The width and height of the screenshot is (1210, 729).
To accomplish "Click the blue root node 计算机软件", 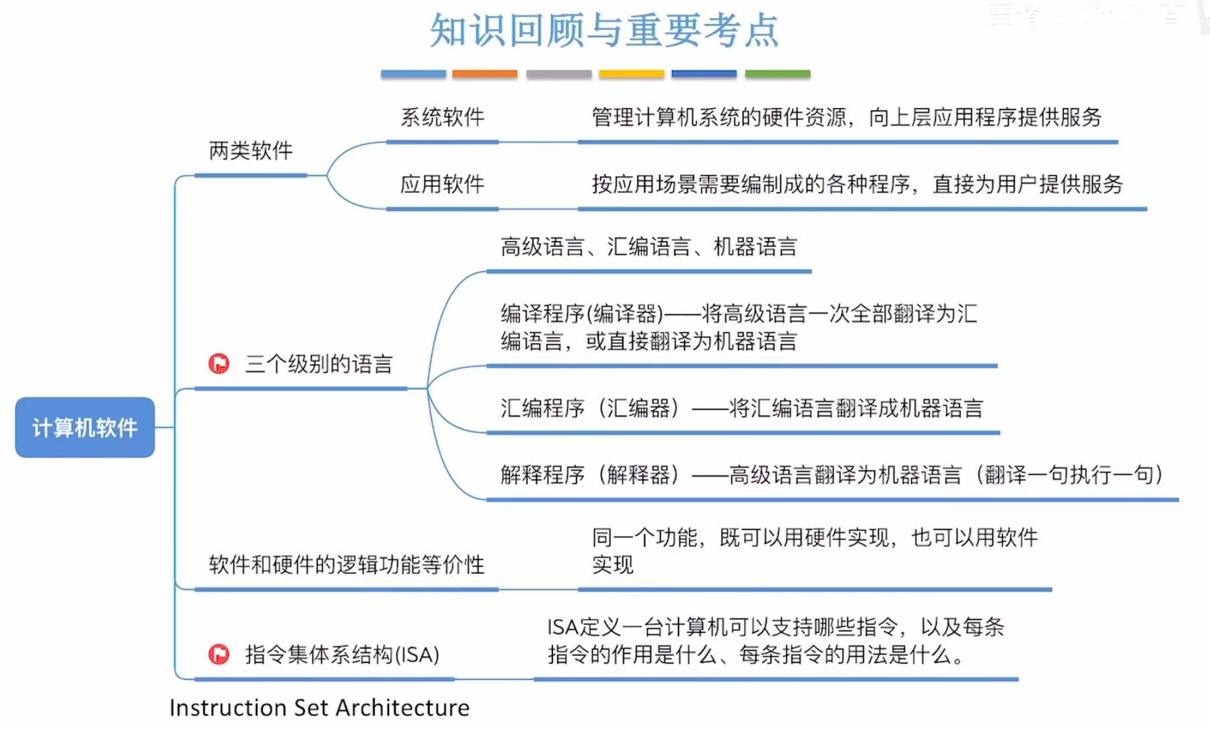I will tap(85, 428).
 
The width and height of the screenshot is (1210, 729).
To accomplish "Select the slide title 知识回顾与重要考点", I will tap(604, 31).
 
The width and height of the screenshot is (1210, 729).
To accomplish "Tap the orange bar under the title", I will tap(485, 74).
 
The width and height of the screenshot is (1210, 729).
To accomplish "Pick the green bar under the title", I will tap(777, 74).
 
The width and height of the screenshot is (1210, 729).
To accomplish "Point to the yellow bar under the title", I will tap(631, 74).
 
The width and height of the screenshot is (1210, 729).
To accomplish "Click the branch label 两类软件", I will tap(251, 151).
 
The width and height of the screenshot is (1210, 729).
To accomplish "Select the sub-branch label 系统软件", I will tap(442, 118).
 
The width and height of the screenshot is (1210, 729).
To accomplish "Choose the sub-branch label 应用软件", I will tap(442, 184).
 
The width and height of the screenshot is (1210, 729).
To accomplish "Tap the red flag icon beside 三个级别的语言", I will tap(219, 363).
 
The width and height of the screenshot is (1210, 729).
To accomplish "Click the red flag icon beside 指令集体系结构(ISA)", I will tap(219, 654).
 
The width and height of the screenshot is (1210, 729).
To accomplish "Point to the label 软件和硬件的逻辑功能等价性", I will tap(346, 565).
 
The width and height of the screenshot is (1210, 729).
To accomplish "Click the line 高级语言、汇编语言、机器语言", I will tap(648, 247).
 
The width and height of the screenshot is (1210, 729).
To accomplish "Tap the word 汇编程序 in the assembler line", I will tap(543, 408).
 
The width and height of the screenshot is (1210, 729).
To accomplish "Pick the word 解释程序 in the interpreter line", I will tap(543, 475).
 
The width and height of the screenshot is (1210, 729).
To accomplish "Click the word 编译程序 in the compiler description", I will tap(543, 313).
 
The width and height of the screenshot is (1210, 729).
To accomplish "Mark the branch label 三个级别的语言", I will tap(319, 364).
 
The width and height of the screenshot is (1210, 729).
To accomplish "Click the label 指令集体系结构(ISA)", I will tap(342, 655).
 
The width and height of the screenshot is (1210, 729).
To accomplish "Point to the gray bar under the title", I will tap(559, 74).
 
